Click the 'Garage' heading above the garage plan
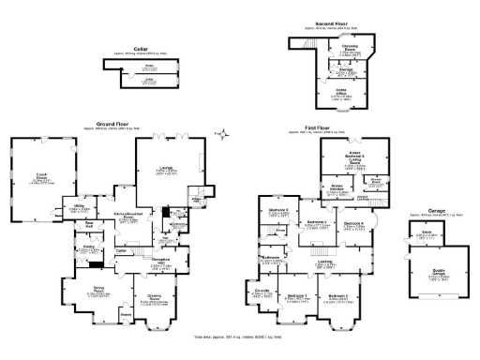tap(434, 211)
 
